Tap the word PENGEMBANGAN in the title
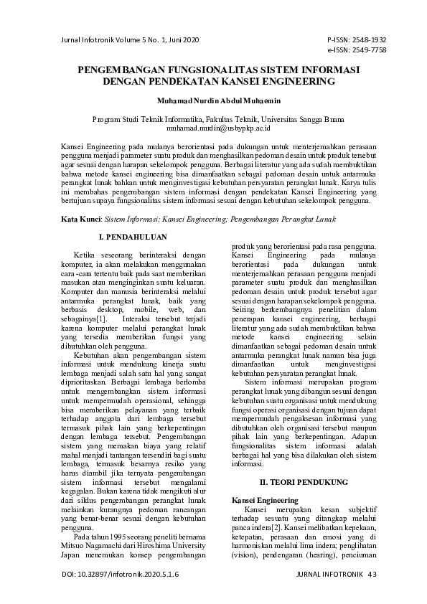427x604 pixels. point(118,70)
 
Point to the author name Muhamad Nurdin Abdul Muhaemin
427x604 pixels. point(213,102)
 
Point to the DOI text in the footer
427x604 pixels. point(121,575)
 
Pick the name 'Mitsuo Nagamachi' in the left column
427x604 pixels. point(94,545)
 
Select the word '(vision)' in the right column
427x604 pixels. point(246,555)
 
